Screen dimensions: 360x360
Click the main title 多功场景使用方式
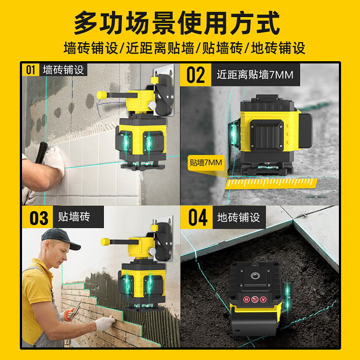177,23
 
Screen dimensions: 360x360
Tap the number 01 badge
31,70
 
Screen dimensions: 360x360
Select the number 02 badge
196,75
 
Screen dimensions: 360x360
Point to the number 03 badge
38,217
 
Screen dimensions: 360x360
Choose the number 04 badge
197,217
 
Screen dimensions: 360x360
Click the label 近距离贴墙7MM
255,75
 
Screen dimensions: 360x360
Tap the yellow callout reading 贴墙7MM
206,162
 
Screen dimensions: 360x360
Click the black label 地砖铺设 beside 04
239,217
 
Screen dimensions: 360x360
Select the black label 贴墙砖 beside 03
78,217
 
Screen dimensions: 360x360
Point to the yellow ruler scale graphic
271,183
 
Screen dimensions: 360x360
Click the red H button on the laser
246,299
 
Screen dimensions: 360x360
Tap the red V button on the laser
263,299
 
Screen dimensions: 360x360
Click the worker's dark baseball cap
61,238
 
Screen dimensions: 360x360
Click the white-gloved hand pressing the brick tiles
105,323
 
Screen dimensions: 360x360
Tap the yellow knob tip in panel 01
102,95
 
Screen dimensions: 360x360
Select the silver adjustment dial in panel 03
152,251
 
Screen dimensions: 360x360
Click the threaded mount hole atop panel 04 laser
254,275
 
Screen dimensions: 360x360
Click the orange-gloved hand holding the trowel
67,315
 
